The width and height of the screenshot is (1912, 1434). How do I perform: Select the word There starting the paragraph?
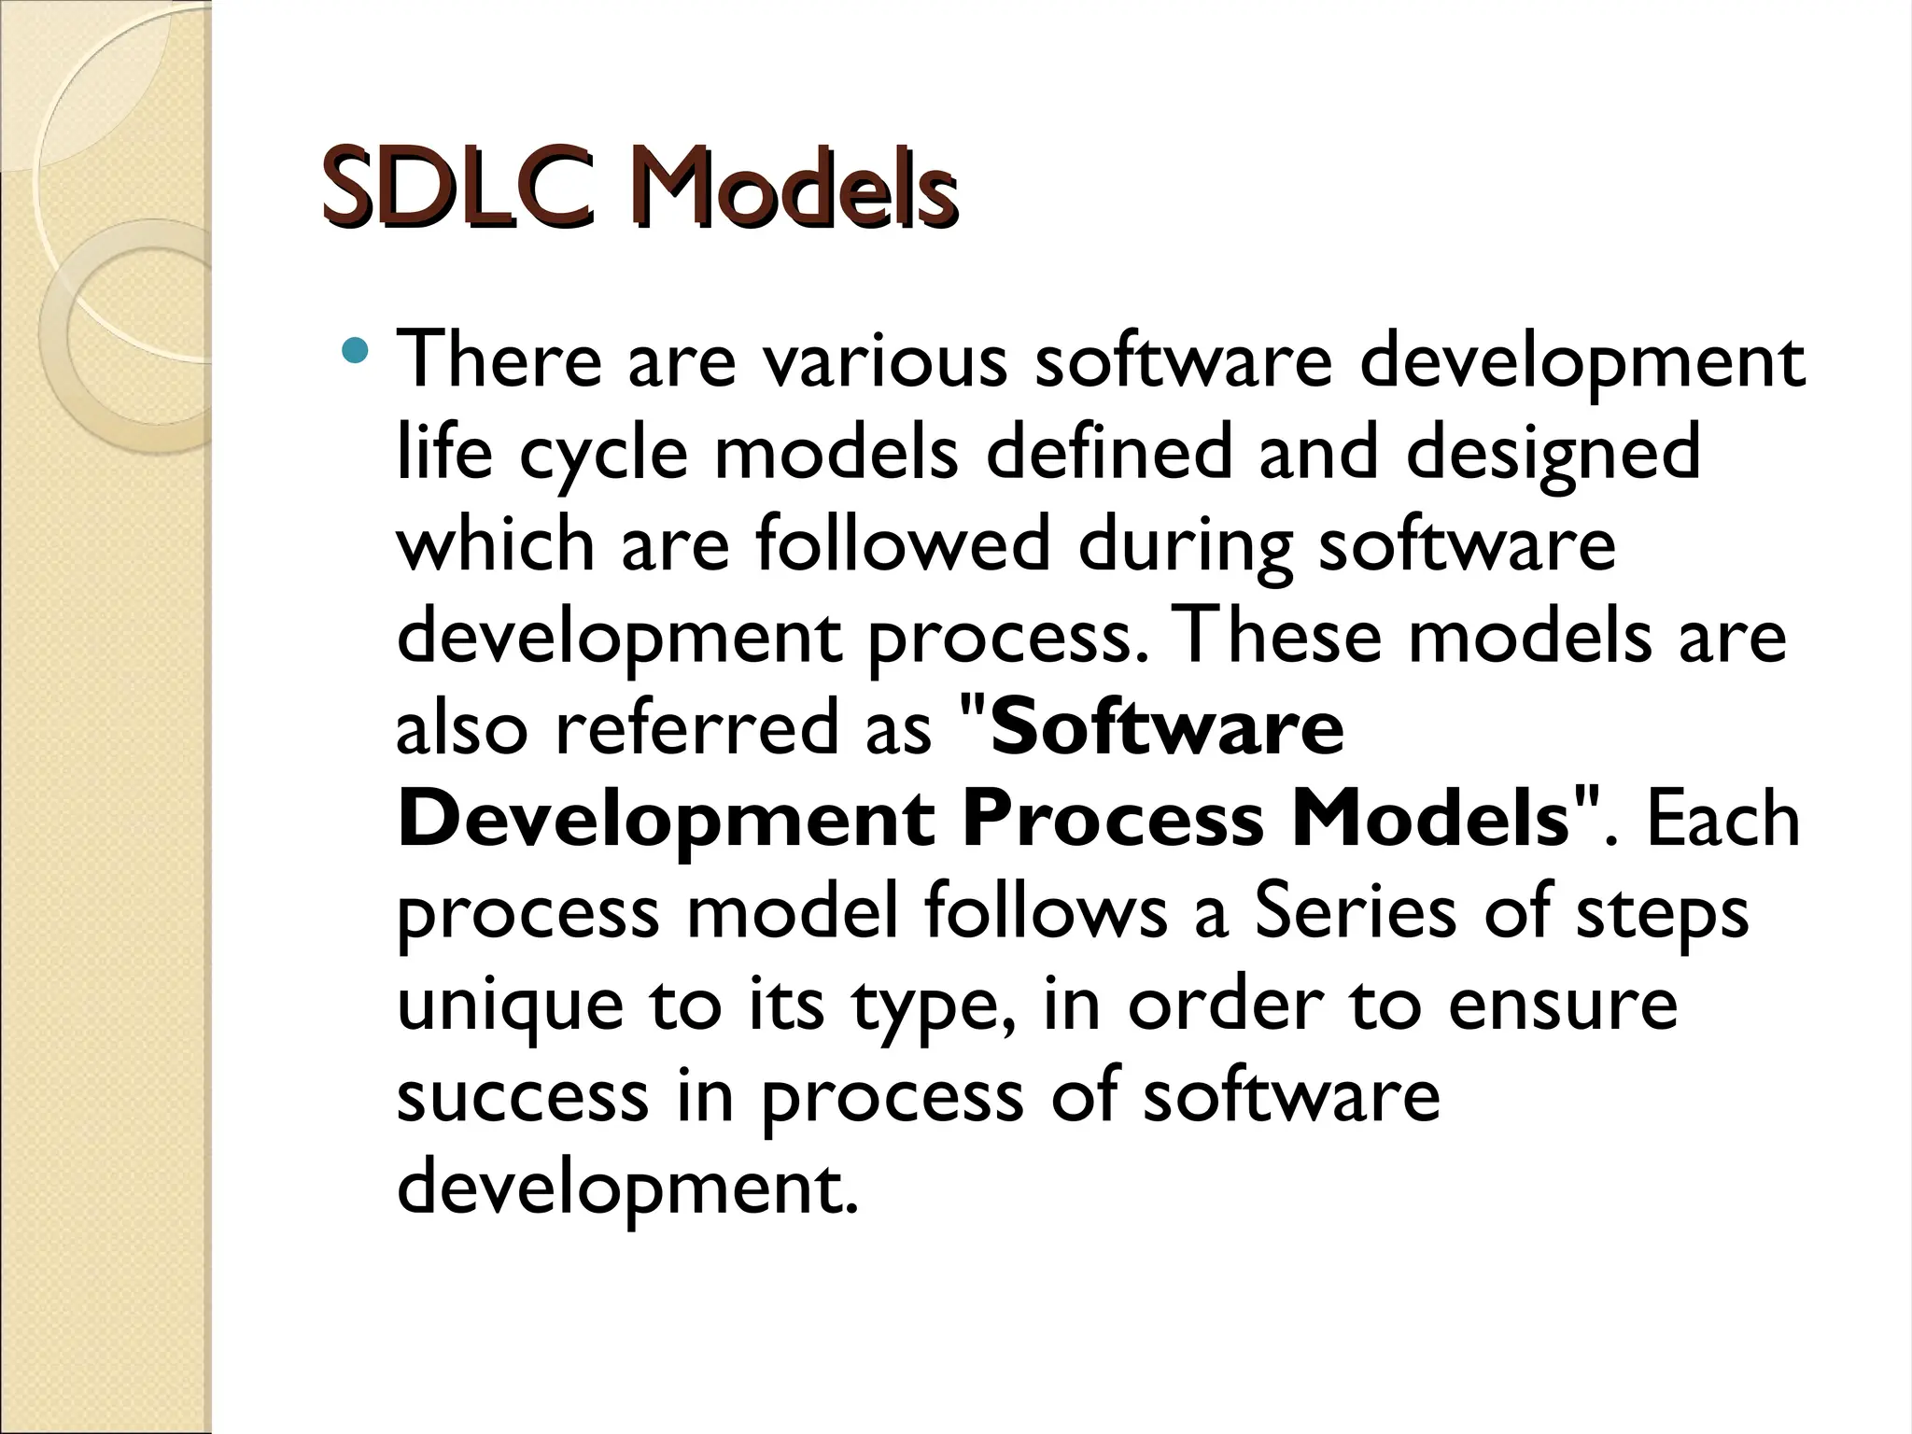[x=499, y=360]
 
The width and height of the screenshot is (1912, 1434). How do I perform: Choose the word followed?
[x=902, y=543]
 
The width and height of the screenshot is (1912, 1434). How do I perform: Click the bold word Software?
[x=1167, y=727]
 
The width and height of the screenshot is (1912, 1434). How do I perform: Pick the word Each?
[x=1722, y=820]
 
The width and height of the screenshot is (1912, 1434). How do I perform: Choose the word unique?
[x=510, y=1006]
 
